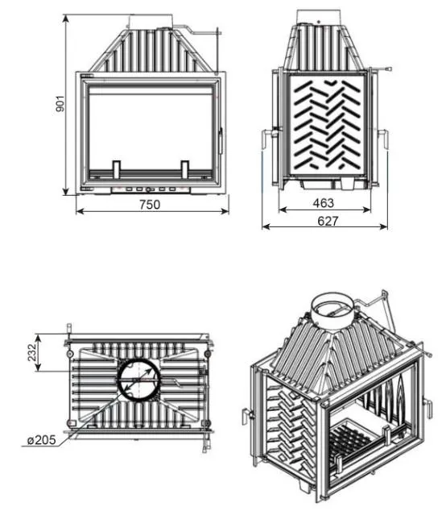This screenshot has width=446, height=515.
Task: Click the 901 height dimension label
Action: click(60, 104)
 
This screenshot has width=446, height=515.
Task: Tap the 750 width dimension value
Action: click(150, 205)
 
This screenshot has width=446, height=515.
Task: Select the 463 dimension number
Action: click(324, 203)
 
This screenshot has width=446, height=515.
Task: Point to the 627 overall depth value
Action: click(328, 221)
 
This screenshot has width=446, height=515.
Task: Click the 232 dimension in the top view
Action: click(32, 352)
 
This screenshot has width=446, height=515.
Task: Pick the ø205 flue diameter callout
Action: click(42, 440)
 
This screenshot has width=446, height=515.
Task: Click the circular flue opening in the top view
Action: click(139, 380)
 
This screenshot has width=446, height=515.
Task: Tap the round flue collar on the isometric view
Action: click(332, 309)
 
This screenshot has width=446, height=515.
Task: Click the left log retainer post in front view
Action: click(116, 169)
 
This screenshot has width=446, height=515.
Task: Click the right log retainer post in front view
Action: click(185, 169)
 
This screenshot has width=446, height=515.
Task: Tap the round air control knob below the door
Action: click(149, 189)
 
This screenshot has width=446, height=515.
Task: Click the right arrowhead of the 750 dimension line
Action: click(225, 211)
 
